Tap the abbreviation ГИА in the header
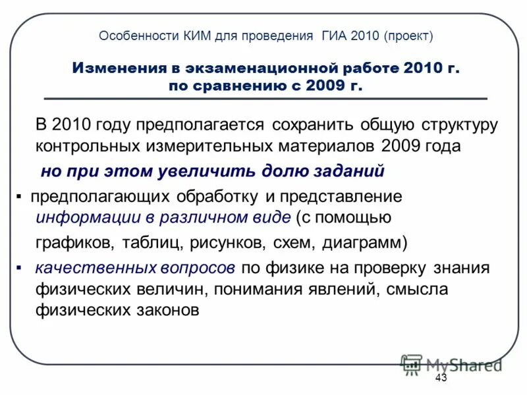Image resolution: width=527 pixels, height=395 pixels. coord(335,36)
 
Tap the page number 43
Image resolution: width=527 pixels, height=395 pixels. coord(441,377)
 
